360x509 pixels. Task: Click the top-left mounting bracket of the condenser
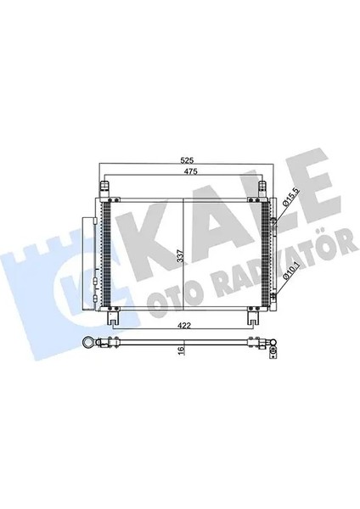(x=106, y=186)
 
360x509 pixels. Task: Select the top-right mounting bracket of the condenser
(x=263, y=186)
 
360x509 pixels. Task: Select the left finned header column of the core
(x=106, y=255)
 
